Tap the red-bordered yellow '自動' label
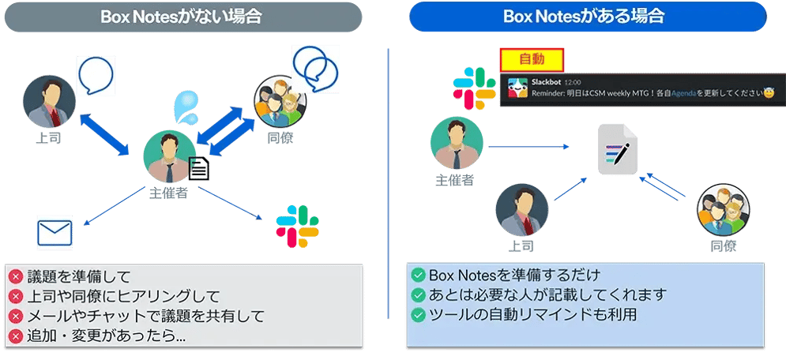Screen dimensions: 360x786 click(532, 58)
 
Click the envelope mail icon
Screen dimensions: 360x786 click(55, 234)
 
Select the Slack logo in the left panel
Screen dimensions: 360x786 click(298, 226)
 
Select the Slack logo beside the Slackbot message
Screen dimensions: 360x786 click(474, 88)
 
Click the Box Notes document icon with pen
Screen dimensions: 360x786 click(619, 149)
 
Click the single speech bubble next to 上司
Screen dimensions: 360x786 click(96, 73)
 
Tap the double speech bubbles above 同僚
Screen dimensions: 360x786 click(314, 63)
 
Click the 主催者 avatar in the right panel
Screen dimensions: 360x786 click(457, 144)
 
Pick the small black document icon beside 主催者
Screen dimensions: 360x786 click(198, 169)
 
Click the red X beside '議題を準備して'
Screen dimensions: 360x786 click(16, 277)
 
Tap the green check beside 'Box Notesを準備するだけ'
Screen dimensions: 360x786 click(418, 276)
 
